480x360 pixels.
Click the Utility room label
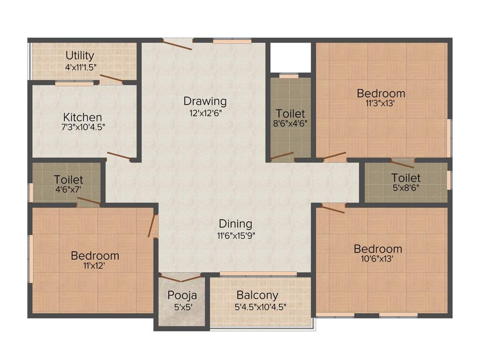(80, 55)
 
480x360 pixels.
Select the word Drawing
(205, 101)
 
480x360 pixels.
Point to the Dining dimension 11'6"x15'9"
(235, 235)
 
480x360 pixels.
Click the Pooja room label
(182, 296)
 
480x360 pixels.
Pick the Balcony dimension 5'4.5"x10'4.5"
(261, 307)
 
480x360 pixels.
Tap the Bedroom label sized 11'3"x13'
(381, 93)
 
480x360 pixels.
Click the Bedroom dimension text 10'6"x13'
(378, 259)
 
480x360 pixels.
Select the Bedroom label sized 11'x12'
(95, 256)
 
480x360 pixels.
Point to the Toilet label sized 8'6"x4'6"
(290, 113)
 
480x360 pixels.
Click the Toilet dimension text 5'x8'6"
(406, 188)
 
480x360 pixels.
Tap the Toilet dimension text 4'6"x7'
(68, 190)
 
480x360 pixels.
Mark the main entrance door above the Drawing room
(177, 43)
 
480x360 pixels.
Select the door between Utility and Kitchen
(112, 79)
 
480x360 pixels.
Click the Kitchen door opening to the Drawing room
(119, 156)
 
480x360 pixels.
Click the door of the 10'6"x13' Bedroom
(333, 209)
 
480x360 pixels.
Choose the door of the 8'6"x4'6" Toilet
(282, 156)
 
